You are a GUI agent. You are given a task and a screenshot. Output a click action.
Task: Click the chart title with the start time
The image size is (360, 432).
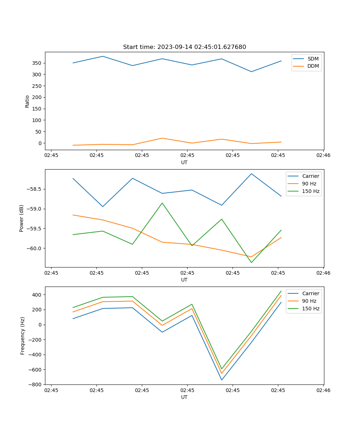coord(184,47)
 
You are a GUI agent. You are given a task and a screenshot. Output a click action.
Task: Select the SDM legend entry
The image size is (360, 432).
coord(313,59)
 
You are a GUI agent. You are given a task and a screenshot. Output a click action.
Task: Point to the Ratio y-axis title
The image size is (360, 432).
coord(27,101)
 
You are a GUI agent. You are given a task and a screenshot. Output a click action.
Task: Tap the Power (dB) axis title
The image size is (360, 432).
coord(22,218)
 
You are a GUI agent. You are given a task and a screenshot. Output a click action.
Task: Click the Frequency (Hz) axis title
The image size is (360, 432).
coord(22,336)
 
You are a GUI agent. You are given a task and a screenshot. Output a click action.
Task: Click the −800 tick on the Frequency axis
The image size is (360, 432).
coord(36,384)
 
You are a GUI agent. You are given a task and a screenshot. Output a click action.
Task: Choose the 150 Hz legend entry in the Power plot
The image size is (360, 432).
coord(311,191)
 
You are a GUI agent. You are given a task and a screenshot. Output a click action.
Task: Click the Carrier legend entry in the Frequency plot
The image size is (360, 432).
coord(310,293)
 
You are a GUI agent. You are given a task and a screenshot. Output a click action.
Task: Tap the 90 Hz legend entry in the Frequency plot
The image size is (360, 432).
coord(309,301)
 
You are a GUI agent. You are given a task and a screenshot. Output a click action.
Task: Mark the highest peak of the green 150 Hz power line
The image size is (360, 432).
coord(162,203)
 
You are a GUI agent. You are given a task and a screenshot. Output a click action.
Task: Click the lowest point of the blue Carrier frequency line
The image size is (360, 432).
coord(221,380)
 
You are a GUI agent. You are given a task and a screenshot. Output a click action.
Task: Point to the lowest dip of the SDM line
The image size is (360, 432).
coord(251,72)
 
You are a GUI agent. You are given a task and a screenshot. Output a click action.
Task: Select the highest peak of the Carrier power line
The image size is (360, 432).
coord(251,174)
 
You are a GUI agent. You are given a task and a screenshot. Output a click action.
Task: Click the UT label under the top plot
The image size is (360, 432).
coord(184,162)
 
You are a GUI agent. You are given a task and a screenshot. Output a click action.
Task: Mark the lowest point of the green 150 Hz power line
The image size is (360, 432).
coord(251,262)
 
